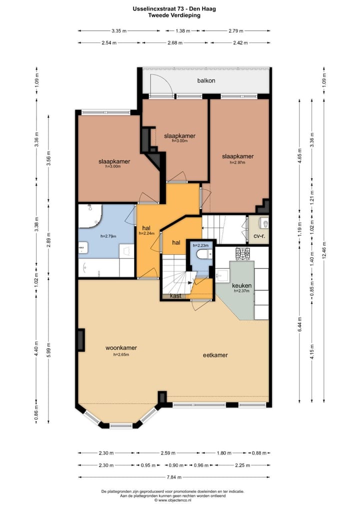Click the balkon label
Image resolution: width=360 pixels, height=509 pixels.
tap(206, 80)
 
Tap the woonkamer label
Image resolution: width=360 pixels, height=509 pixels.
tap(121, 347)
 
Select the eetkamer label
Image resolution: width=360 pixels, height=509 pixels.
tap(215, 355)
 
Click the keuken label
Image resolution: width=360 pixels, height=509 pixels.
tap(242, 285)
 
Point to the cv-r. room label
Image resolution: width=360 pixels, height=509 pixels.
tap(259, 236)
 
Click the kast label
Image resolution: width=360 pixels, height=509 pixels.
tap(175, 296)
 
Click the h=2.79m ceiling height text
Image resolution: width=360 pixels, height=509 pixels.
tap(108, 235)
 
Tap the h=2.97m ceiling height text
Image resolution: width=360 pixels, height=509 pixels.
tap(238, 162)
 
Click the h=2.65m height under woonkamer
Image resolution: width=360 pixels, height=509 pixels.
tap(121, 354)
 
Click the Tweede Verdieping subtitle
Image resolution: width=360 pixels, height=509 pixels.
tap(174, 15)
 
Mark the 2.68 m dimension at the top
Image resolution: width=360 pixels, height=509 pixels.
tap(173, 42)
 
